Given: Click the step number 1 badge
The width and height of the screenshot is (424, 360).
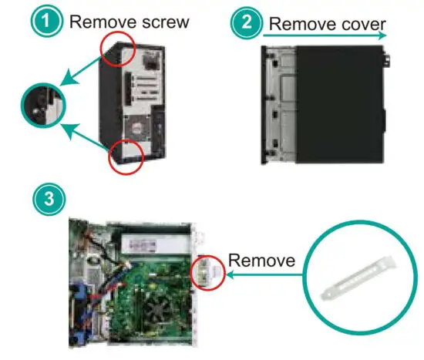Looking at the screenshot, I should click(50, 21).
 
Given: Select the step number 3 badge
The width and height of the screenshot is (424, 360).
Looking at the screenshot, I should click(50, 198).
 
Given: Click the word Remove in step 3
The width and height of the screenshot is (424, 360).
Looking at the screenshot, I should click(261, 261).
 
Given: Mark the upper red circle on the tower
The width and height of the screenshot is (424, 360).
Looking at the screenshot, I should click(119, 50).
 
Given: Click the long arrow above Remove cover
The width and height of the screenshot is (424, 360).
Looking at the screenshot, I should click(324, 35).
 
